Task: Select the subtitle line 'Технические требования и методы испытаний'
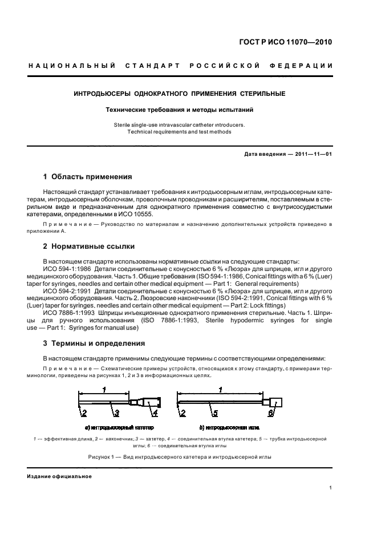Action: coord(180,109)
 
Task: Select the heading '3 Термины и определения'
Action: coord(94,343)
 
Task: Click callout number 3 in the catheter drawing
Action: coord(115,413)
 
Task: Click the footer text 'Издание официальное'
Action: coord(59,476)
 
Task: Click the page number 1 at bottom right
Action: coord(331,488)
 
